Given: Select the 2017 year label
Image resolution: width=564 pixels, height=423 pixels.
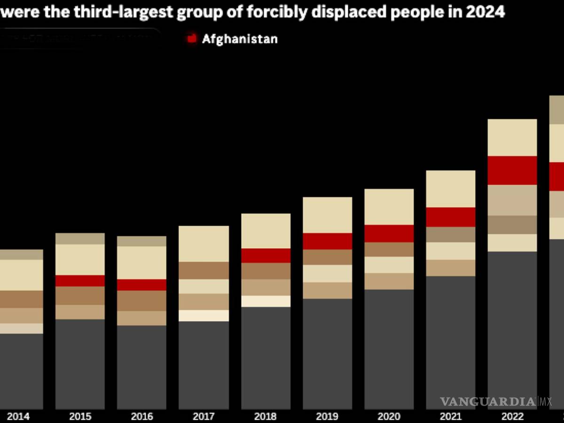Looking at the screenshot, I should tap(204, 416).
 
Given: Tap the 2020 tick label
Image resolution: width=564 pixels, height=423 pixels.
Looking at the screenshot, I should tap(389, 416).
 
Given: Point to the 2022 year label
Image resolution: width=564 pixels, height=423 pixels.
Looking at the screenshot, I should tap(512, 416).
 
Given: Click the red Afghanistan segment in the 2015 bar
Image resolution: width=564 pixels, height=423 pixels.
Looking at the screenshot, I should tap(80, 281).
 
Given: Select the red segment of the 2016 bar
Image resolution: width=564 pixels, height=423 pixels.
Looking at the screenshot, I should tap(141, 285).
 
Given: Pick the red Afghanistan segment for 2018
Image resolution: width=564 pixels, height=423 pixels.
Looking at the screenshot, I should tap(266, 255).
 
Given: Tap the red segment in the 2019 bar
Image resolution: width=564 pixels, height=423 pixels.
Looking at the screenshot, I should tap(327, 241).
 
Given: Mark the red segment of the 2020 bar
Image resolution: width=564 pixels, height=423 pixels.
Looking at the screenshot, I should tap(389, 234).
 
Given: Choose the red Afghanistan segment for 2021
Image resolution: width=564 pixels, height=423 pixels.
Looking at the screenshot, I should tap(450, 217).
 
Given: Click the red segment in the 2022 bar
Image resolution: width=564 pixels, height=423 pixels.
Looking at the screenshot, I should tap(512, 170).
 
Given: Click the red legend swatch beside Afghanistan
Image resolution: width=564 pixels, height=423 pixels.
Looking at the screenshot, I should tap(192, 39).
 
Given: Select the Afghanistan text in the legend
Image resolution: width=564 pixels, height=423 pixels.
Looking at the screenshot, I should tap(240, 39).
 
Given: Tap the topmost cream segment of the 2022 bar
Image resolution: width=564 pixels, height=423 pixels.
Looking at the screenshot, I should tap(512, 137).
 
